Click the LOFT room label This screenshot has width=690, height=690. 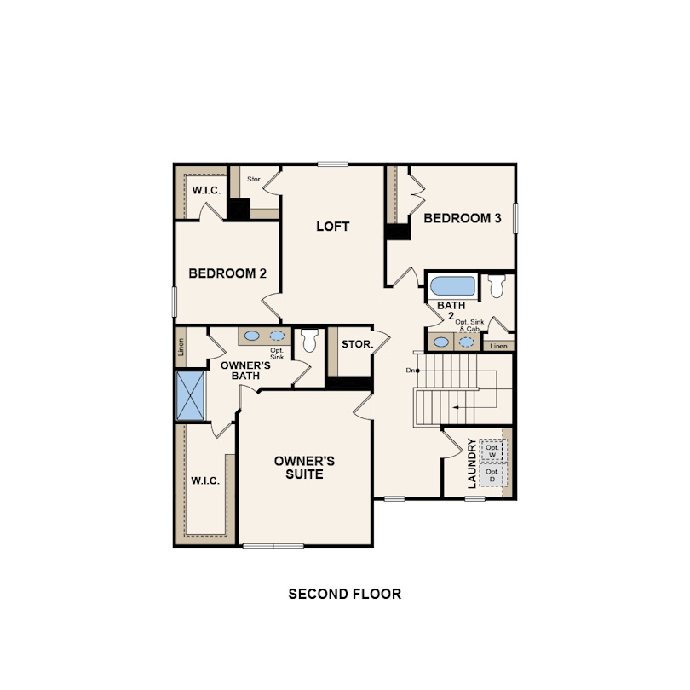tap(333, 227)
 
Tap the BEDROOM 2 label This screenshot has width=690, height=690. tap(227, 273)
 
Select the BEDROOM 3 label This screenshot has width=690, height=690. tap(462, 218)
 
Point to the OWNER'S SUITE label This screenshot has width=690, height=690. tap(304, 468)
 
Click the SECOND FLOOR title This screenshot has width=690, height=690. tap(344, 594)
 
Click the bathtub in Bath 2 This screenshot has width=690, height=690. tap(452, 286)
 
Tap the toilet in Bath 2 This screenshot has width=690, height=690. tap(497, 286)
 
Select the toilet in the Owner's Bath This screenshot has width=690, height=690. tap(309, 340)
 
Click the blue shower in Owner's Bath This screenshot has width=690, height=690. tap(191, 395)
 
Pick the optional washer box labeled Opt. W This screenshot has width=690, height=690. tap(492, 450)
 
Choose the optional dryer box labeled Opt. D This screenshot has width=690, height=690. tap(492, 474)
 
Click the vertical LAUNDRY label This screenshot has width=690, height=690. tap(472, 463)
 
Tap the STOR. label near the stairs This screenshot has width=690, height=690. tap(357, 344)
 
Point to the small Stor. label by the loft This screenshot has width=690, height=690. tap(255, 179)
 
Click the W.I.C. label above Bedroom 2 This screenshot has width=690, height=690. tap(206, 191)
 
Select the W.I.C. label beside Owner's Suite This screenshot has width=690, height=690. tap(205, 481)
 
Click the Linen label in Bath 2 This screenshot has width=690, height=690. tap(498, 347)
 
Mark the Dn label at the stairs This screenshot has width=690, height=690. tap(411, 371)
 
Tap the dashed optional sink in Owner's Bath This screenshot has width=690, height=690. tap(277, 336)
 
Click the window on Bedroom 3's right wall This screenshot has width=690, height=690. tap(515, 218)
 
